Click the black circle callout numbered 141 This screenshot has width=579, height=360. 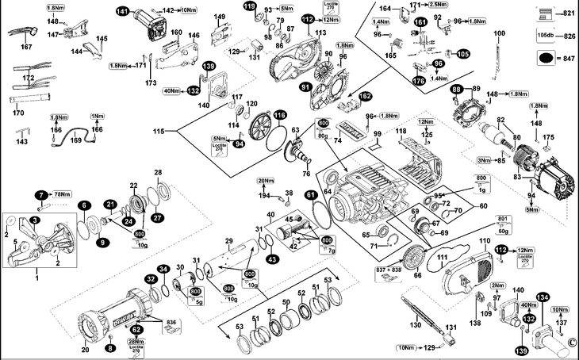click(x=121, y=11)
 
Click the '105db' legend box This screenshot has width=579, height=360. click(x=546, y=36)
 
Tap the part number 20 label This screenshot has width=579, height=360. click(x=85, y=350)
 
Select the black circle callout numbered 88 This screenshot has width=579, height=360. click(x=457, y=90)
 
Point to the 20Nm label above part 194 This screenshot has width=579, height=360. click(x=266, y=182)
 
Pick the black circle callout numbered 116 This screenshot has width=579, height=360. click(x=279, y=115)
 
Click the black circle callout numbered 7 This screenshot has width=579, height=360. click(x=40, y=194)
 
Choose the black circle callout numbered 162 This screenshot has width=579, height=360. click(x=365, y=96)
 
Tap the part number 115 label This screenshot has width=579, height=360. click(x=159, y=130)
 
